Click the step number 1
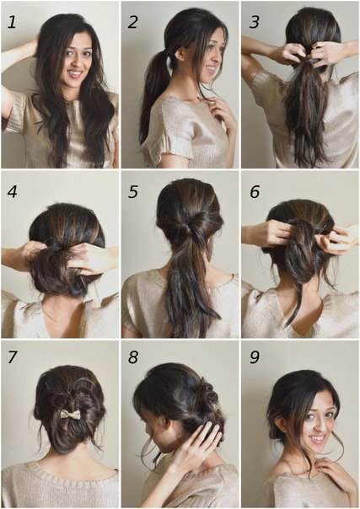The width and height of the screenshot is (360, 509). (x=12, y=22)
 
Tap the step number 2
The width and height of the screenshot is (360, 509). (x=132, y=22)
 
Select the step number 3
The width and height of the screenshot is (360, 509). (x=254, y=22)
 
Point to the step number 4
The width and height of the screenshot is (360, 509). (x=12, y=192)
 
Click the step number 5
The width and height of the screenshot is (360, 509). (x=132, y=192)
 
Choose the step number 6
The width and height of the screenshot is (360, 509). (x=255, y=192)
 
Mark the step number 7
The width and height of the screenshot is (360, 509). (x=12, y=357)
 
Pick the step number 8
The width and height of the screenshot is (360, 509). (x=132, y=357)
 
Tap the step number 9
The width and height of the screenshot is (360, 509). (x=255, y=357)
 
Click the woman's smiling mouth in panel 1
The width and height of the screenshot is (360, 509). (x=75, y=73)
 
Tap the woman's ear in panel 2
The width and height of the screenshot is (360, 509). (x=178, y=54)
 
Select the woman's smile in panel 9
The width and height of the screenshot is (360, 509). (x=318, y=438)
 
